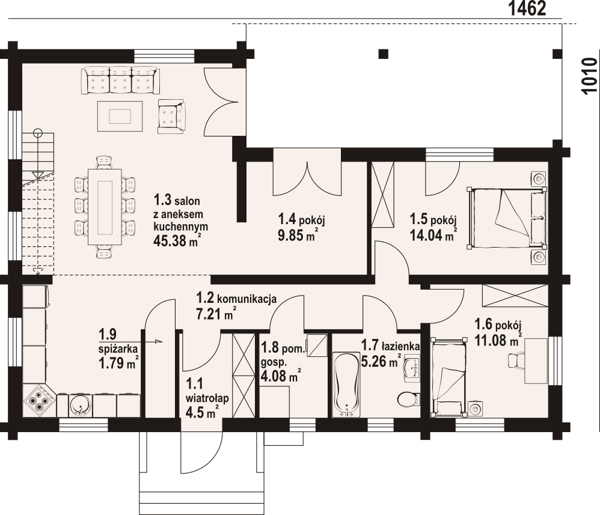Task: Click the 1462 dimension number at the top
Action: click(x=527, y=8)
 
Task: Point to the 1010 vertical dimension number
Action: click(x=589, y=75)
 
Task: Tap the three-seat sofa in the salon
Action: click(x=120, y=80)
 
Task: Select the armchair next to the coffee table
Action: click(x=172, y=117)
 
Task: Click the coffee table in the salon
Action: click(x=120, y=116)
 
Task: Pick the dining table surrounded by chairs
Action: click(x=105, y=207)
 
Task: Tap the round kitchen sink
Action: click(x=80, y=405)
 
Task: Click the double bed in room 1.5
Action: click(x=506, y=218)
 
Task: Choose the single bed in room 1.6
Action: click(x=449, y=377)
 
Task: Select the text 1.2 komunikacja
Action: click(x=236, y=297)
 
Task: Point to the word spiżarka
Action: click(x=118, y=349)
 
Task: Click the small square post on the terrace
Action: click(x=384, y=53)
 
